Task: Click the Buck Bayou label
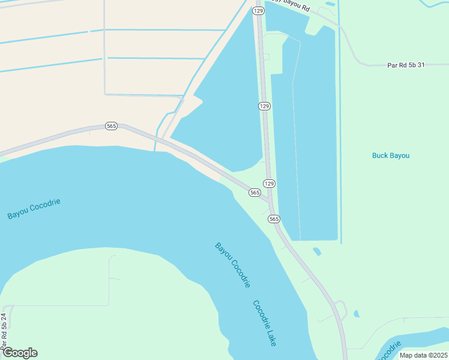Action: (x=390, y=155)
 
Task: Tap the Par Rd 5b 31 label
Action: (x=406, y=65)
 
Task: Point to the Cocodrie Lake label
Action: (x=264, y=323)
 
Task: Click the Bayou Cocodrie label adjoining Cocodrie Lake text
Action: (x=232, y=265)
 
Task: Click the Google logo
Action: (x=20, y=353)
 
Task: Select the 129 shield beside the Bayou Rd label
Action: (x=258, y=11)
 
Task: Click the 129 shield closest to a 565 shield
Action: (x=270, y=183)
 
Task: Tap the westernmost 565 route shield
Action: (x=111, y=126)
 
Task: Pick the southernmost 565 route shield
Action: (x=274, y=219)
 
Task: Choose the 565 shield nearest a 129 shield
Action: (x=255, y=193)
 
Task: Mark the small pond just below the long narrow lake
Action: (x=316, y=251)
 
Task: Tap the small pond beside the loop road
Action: (x=357, y=314)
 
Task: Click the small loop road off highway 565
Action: (x=342, y=308)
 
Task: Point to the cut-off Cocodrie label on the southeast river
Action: (x=391, y=351)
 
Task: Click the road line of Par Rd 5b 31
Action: (x=372, y=65)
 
